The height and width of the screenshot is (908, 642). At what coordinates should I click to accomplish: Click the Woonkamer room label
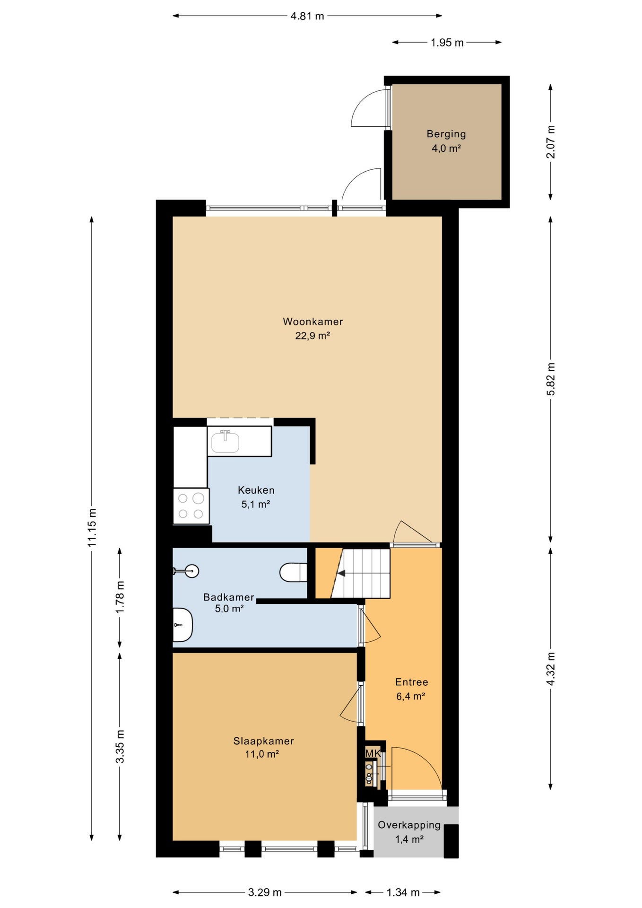click(312, 322)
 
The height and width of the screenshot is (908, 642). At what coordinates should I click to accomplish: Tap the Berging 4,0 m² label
click(446, 141)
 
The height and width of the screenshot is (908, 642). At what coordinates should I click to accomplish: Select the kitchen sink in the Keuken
click(226, 441)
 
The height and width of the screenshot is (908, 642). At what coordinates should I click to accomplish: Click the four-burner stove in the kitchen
click(191, 506)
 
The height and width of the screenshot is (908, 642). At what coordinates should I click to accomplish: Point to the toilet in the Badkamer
click(293, 572)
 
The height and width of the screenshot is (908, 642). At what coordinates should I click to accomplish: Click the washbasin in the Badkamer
click(182, 625)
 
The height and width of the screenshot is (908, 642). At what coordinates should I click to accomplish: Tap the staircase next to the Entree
click(360, 573)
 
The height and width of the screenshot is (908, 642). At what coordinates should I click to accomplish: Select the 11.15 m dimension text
click(92, 528)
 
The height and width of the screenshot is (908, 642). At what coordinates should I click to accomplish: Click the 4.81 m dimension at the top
click(307, 16)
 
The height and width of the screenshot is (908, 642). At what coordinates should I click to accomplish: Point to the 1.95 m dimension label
click(447, 43)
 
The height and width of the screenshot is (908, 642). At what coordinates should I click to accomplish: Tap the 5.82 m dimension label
click(551, 379)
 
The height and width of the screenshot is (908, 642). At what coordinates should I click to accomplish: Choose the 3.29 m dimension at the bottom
click(265, 892)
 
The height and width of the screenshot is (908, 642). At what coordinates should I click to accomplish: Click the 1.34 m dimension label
click(403, 892)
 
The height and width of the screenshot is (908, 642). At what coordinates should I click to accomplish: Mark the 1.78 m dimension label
click(120, 597)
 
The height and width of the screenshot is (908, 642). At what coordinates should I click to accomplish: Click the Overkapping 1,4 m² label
click(409, 832)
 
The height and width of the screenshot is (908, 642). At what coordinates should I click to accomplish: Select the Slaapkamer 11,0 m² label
click(263, 747)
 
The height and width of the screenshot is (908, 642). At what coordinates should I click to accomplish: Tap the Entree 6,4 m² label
click(411, 689)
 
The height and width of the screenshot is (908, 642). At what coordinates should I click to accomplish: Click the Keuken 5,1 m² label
click(256, 497)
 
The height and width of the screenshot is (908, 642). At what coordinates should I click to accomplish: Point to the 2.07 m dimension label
click(551, 142)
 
